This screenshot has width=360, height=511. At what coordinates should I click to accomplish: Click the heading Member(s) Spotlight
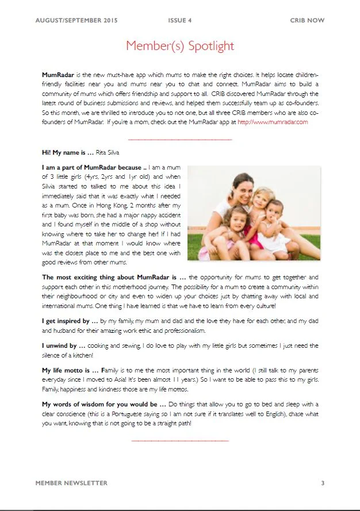180,46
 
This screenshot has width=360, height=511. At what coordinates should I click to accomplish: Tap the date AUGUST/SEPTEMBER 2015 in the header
76,21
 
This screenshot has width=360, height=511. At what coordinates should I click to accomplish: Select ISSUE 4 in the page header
180,21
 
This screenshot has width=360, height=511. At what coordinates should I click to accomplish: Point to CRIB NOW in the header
307,21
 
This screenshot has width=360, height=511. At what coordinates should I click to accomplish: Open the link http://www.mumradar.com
273,122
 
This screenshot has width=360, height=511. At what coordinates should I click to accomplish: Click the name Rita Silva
109,152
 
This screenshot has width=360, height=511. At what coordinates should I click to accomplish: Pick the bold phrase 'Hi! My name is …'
67,152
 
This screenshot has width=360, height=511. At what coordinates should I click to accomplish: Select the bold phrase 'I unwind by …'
63,345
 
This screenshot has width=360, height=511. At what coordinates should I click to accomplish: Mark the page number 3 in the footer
323,483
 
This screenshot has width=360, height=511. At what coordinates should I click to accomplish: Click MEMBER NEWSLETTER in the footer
71,483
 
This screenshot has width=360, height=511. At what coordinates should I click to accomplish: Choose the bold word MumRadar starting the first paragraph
58,75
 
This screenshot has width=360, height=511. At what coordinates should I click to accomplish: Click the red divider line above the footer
180,441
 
